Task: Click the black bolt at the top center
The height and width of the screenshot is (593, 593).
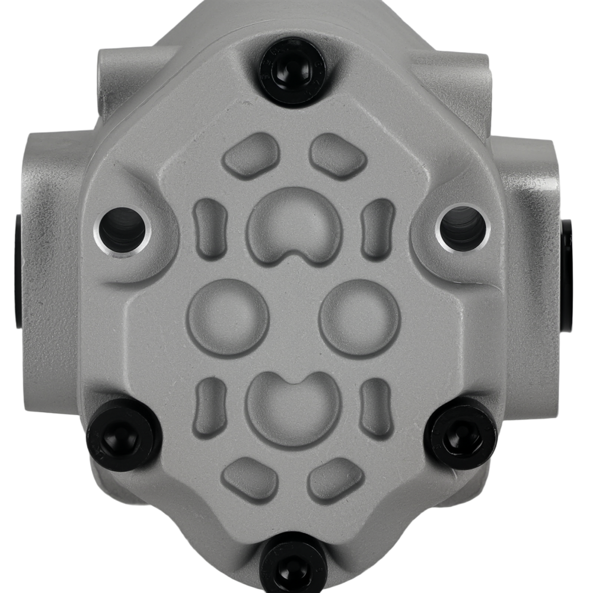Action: pos(292,72)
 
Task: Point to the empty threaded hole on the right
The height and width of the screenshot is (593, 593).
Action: pos(463,228)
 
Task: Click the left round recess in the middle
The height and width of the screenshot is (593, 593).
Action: pos(228,317)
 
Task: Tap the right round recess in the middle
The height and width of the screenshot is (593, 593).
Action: pos(359,317)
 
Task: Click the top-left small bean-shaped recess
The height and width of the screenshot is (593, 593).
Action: pos(251,155)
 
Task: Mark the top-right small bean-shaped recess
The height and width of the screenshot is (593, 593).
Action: pos(337,155)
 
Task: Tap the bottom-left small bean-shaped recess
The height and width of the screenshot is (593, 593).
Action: pos(250,478)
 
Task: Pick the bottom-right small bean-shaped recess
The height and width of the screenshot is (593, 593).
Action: pos(336,478)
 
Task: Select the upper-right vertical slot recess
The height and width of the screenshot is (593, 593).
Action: pos(378,229)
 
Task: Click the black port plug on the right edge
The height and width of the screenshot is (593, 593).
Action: pos(567,273)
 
